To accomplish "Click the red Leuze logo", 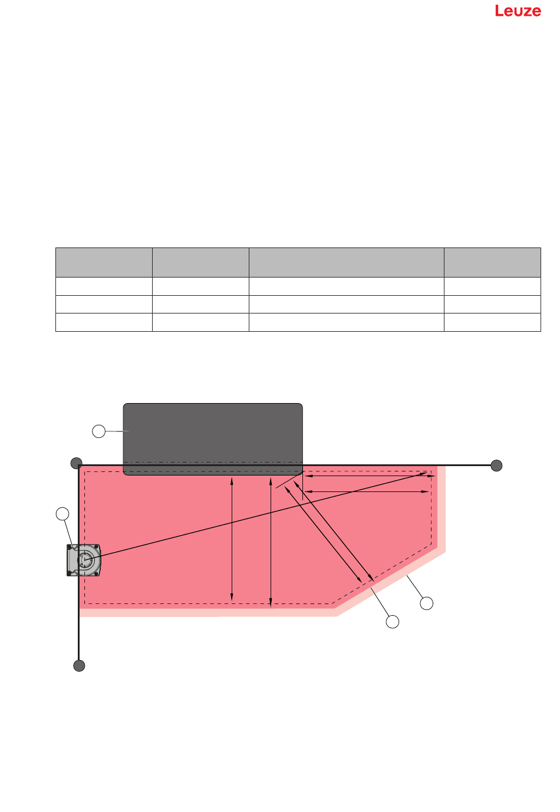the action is click(518, 11).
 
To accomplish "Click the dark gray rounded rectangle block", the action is click(213, 439).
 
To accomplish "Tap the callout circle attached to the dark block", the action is click(98, 431).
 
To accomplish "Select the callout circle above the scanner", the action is click(62, 514).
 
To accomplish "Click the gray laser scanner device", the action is click(84, 560).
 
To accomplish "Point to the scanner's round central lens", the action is click(85, 560).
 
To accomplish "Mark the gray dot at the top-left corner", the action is click(76, 463).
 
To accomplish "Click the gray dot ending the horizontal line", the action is click(496, 466).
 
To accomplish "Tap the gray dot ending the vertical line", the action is click(79, 665).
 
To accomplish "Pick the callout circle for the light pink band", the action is click(426, 603).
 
